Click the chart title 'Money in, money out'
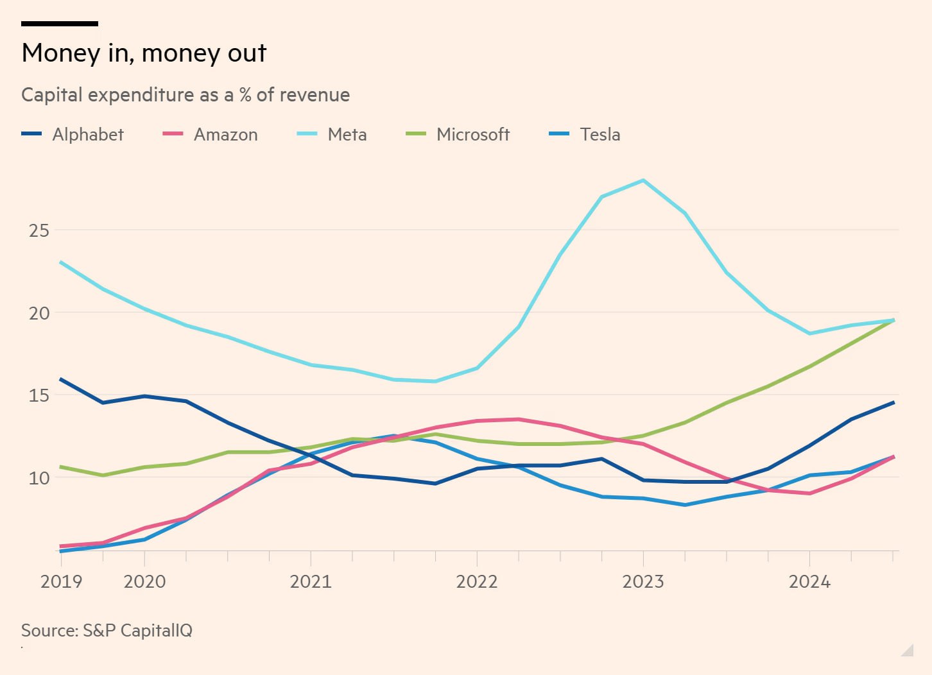[x=144, y=53]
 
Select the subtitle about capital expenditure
[x=186, y=95]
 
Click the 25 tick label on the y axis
[x=39, y=230]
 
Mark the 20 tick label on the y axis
[x=39, y=313]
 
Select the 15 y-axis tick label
[x=39, y=395]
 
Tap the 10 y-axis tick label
[x=39, y=478]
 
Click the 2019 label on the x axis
[x=61, y=581]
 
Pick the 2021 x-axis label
[x=311, y=581]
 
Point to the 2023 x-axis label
[x=643, y=581]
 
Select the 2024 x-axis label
[x=809, y=581]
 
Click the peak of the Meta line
[x=643, y=180]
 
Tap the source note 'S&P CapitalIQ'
[x=107, y=630]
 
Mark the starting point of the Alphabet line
[x=61, y=379]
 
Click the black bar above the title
[x=60, y=24]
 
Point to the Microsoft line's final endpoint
[x=893, y=320]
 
